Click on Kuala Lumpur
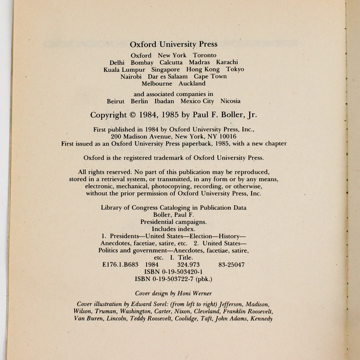coord(124,70)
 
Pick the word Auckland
coord(192,84)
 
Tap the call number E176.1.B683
coord(123,264)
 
